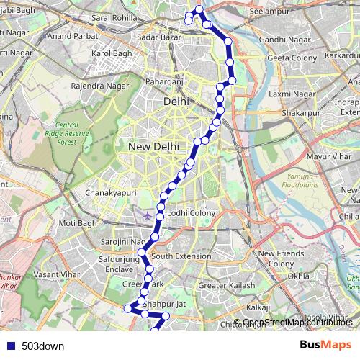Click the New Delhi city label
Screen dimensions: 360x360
point(153,146)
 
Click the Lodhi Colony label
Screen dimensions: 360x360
point(191,213)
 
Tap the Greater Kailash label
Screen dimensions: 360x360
point(226,286)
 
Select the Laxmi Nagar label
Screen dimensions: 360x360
point(288,94)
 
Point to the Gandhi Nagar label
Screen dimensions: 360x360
point(284,38)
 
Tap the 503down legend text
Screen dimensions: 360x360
point(42,346)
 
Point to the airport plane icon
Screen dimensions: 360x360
point(148,215)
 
